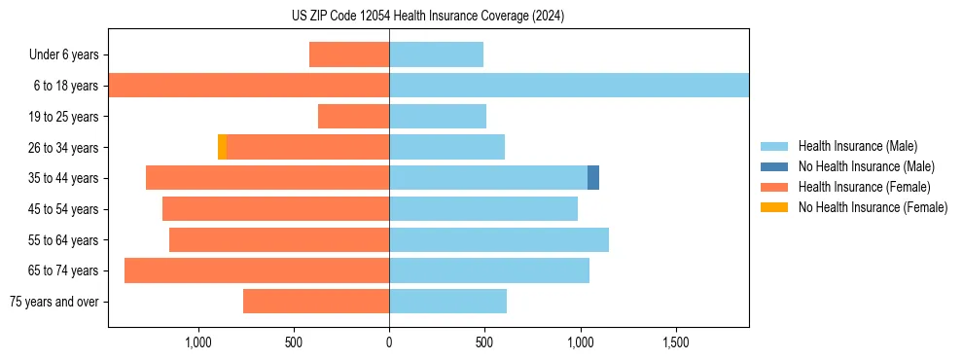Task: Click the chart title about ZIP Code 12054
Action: [428, 17]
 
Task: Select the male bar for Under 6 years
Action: [436, 54]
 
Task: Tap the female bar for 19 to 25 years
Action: [353, 117]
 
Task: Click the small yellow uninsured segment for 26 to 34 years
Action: [222, 147]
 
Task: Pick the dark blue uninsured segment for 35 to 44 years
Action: [593, 178]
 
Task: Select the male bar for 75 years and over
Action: [447, 302]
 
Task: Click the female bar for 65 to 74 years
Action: [257, 270]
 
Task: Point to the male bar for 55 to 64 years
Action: [499, 239]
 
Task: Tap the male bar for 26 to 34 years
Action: [446, 147]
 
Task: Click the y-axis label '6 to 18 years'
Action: [66, 86]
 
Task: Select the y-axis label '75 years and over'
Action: [53, 302]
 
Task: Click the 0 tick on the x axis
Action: [389, 342]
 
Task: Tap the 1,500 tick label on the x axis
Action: [675, 342]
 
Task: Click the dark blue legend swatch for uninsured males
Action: [774, 166]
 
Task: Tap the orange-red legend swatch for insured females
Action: [774, 187]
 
